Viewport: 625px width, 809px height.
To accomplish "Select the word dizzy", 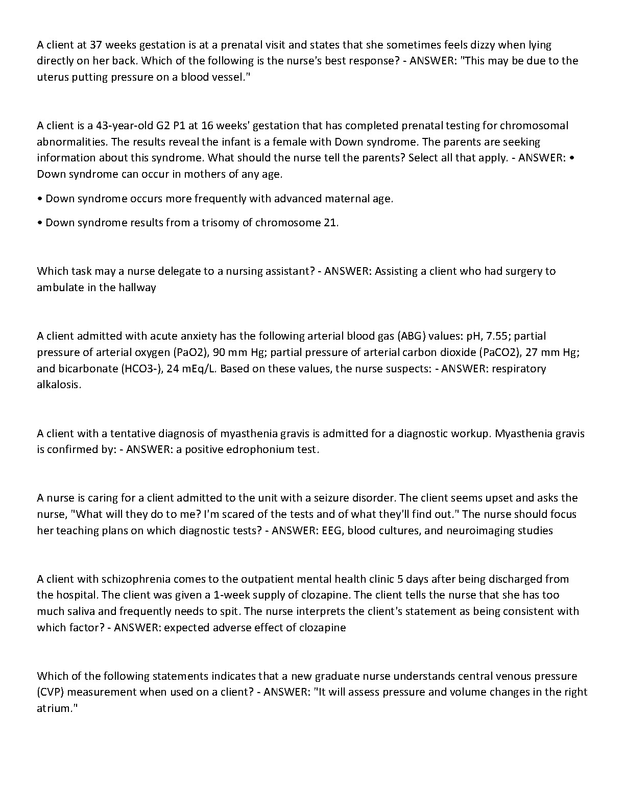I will (x=477, y=45).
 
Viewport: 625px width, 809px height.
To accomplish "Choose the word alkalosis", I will (x=59, y=385).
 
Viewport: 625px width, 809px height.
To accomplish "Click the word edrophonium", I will (x=260, y=450).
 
